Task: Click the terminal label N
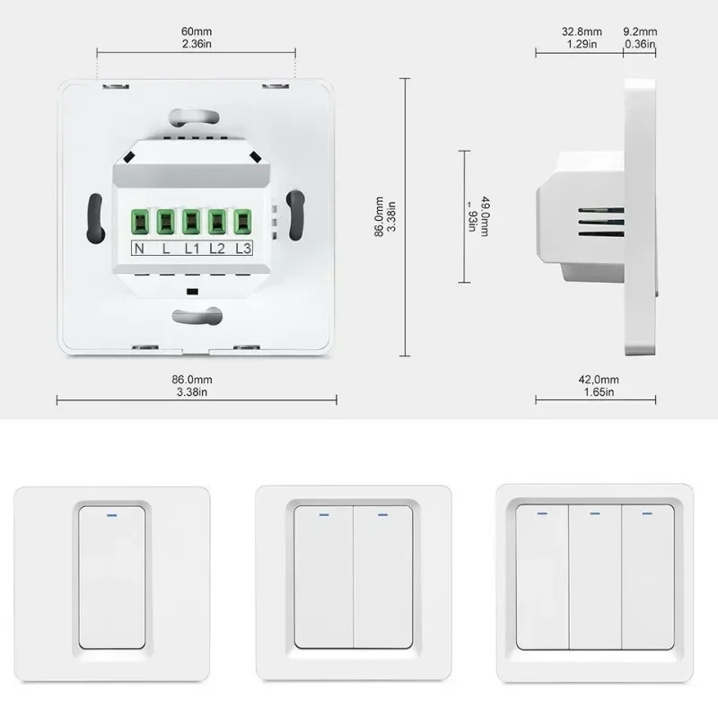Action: (141, 249)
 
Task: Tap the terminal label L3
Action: (242, 249)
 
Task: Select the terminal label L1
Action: (191, 249)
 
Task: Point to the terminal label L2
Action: (216, 249)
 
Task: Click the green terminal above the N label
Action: (141, 222)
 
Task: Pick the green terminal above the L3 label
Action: (241, 222)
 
